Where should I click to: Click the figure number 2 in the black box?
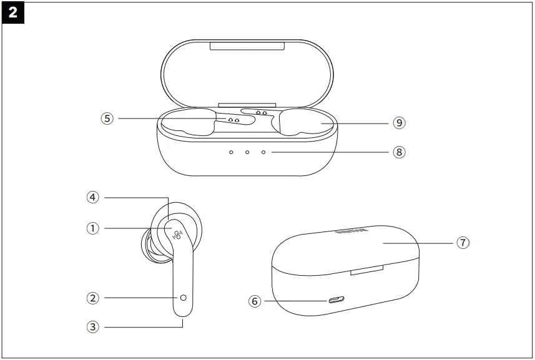pyautogui.click(x=12, y=12)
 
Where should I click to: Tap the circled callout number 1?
pyautogui.click(x=93, y=228)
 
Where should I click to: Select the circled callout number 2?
pyautogui.click(x=93, y=298)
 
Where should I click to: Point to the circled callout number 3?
pyautogui.click(x=93, y=325)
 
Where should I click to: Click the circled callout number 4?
pyautogui.click(x=93, y=197)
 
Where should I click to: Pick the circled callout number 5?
pyautogui.click(x=108, y=117)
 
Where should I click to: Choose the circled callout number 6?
pyautogui.click(x=253, y=301)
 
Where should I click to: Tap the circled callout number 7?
pyautogui.click(x=462, y=243)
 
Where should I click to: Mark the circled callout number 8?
pyautogui.click(x=400, y=152)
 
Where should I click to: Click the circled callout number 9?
pyautogui.click(x=400, y=123)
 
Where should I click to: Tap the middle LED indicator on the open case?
pyautogui.click(x=247, y=152)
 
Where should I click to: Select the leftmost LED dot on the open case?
pyautogui.click(x=231, y=152)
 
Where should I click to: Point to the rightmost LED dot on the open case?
pyautogui.click(x=263, y=152)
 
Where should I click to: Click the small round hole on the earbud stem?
pyautogui.click(x=184, y=298)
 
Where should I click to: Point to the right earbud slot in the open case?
pyautogui.click(x=303, y=122)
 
